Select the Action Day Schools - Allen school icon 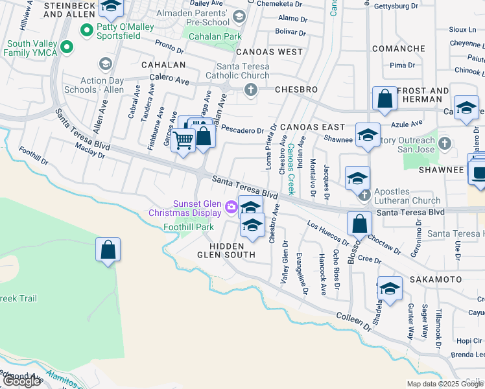click(x=105, y=64)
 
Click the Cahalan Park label click(x=215, y=37)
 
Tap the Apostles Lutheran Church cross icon click(x=364, y=194)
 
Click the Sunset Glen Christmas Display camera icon click(x=231, y=207)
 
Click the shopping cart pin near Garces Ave click(x=183, y=140)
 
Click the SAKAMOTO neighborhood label click(x=435, y=279)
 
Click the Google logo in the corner click(x=22, y=381)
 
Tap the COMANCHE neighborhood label click(x=399, y=49)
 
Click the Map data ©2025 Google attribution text click(x=445, y=384)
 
